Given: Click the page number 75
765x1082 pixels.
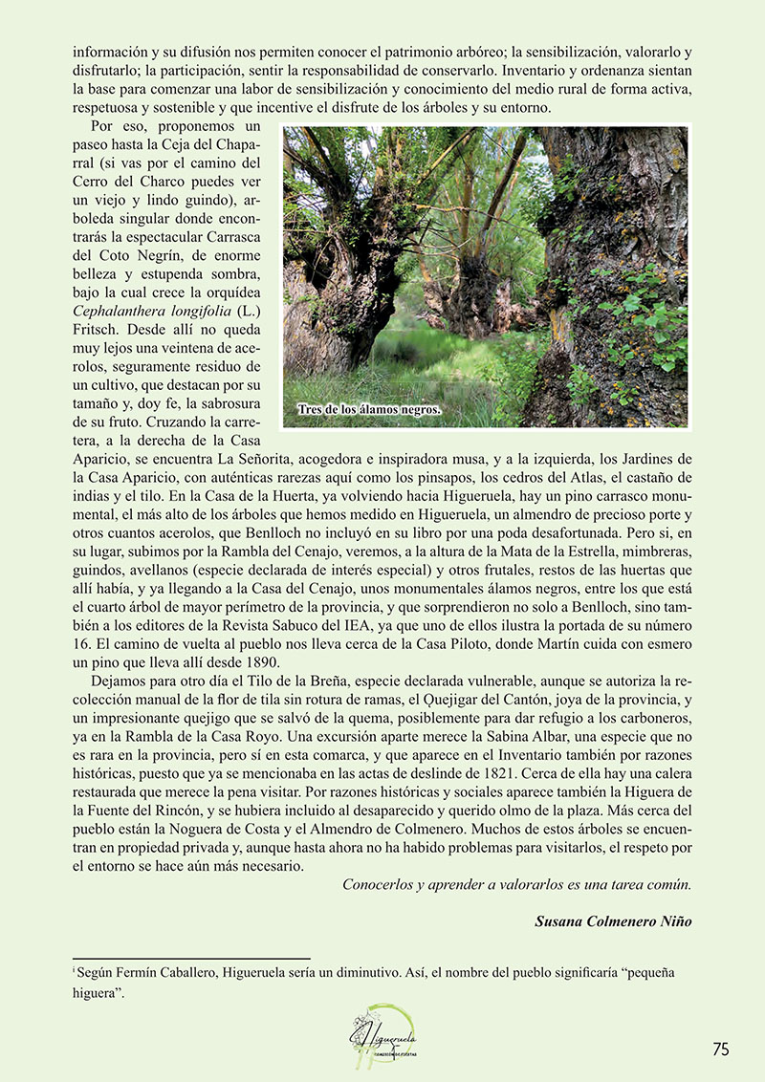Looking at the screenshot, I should coord(720,1049).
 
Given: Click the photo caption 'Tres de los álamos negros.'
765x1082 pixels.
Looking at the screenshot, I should coord(369,410).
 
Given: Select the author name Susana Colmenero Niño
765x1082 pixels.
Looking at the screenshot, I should coord(613,920).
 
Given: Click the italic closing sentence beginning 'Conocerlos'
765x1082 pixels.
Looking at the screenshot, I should coord(516,884).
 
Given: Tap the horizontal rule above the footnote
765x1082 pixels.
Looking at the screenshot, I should coord(191,958).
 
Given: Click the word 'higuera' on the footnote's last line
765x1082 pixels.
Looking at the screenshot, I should coord(95,992).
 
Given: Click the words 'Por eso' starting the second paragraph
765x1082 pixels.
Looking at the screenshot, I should coord(116,126).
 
